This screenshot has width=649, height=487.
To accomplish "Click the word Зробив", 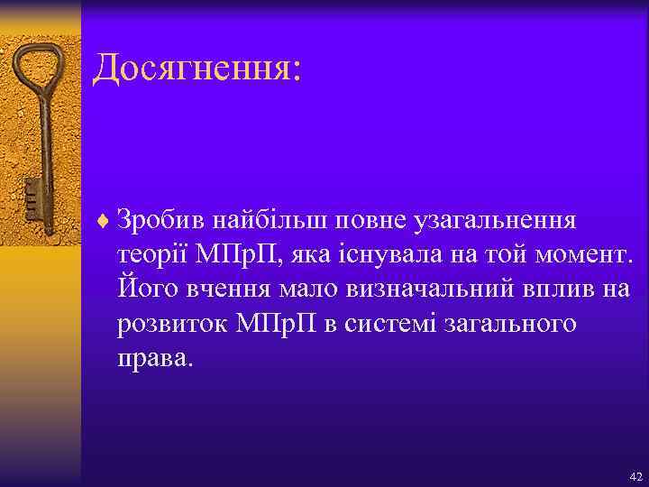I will click(158, 220).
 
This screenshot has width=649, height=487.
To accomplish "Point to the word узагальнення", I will click(491, 220).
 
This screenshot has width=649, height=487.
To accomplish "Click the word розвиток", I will click(170, 325).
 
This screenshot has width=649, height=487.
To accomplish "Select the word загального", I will click(510, 325).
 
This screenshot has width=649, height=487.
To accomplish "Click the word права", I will click(153, 360).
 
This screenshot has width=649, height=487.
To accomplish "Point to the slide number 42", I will click(635, 476).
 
